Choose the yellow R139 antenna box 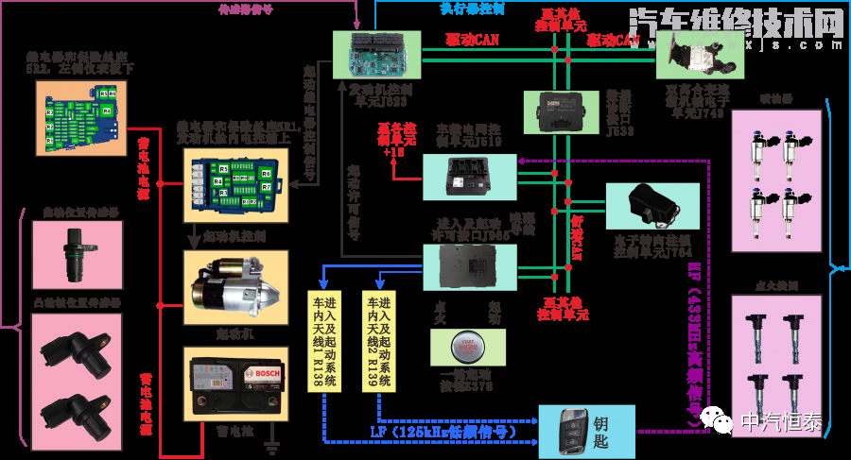coord(378,340)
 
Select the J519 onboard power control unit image coord(469,176)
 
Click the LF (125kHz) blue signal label coord(443,432)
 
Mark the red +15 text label coord(394,149)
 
